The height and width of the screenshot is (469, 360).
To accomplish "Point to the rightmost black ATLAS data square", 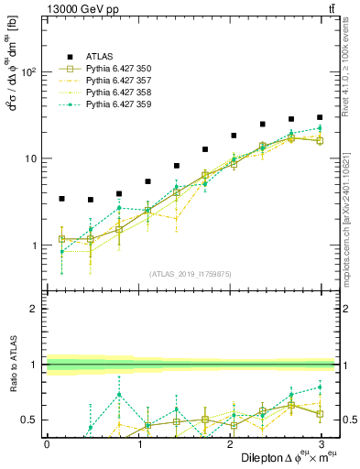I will (320, 117).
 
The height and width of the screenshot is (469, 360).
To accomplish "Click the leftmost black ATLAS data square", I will (61, 198).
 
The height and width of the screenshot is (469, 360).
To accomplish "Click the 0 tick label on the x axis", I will (47, 443).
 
